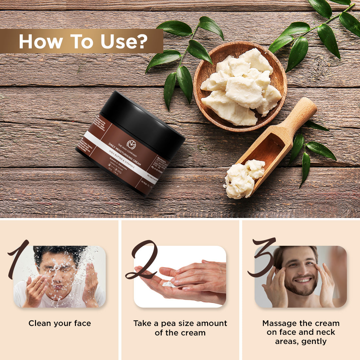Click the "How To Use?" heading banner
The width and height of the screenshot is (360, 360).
(82, 41)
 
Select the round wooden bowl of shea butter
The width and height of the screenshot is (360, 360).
(240, 86)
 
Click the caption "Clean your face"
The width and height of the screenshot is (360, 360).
(60, 323)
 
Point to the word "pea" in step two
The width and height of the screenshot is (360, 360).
(168, 323)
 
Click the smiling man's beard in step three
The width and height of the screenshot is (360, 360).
(301, 290)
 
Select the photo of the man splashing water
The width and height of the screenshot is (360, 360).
(60, 277)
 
